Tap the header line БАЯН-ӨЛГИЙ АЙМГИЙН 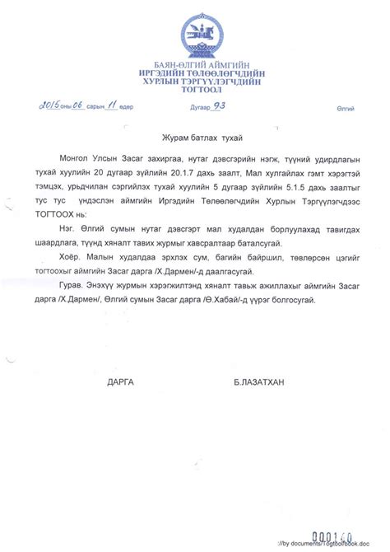pos(195,66)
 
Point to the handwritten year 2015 pos(49,106)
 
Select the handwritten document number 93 pos(219,105)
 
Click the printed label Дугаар pos(195,108)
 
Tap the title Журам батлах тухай pos(194,136)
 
